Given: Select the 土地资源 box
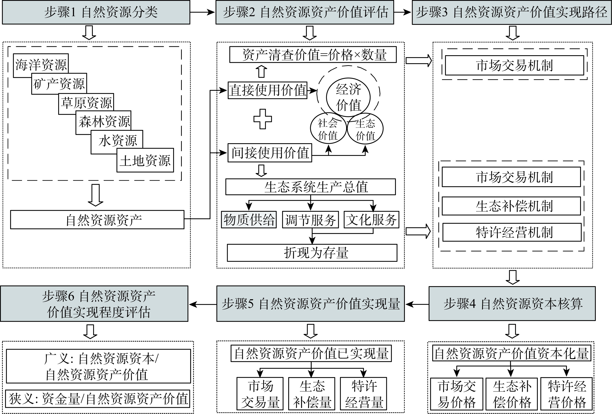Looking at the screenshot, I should (145, 160).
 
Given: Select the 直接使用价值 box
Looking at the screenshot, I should (267, 90).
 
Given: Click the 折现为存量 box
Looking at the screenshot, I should (312, 253).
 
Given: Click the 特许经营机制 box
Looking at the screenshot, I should (512, 232).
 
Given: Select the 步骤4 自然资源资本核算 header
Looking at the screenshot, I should (512, 304).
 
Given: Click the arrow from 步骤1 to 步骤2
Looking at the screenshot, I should (202, 12).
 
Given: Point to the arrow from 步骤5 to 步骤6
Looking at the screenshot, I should (202, 304).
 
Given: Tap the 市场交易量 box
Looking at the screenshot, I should (260, 394).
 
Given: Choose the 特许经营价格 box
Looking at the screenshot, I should (567, 394).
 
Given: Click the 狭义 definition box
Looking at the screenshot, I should (98, 399).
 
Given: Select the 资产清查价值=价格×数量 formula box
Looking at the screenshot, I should (313, 55).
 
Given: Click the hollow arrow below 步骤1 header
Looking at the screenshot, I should (89, 32).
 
